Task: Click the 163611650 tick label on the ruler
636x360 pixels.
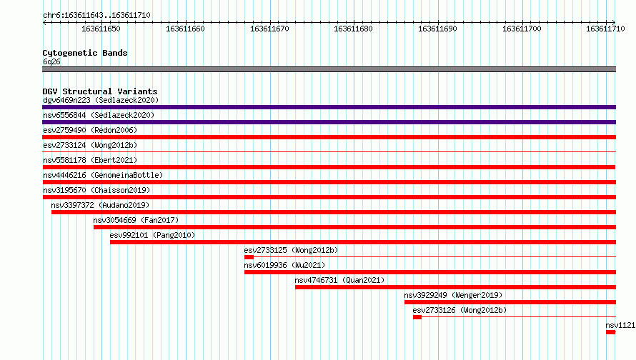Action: point(101,29)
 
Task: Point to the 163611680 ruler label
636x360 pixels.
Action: point(353,29)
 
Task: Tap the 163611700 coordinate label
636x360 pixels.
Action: point(522,29)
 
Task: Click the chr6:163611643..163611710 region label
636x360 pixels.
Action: point(96,15)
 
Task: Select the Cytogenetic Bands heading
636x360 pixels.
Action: point(85,53)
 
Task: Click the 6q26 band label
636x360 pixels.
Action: point(51,61)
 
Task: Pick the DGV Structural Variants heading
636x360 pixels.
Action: point(100,91)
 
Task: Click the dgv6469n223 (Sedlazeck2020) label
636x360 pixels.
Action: point(101,100)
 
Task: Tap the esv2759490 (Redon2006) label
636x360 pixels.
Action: point(90,130)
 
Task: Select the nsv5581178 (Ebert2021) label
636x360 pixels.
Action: point(90,160)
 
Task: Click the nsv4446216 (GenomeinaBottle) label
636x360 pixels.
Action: point(103,175)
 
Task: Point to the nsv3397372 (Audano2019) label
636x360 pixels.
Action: point(100,205)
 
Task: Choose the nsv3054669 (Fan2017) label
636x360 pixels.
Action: point(136,220)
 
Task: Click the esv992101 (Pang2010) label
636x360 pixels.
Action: point(152,235)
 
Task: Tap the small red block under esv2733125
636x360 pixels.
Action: point(249,257)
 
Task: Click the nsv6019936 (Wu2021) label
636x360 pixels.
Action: point(284,265)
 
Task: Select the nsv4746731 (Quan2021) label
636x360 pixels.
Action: point(339,280)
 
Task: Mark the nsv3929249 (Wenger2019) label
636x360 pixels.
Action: point(453,295)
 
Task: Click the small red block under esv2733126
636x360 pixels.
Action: point(417,317)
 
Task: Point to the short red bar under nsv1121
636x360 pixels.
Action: point(611,332)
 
